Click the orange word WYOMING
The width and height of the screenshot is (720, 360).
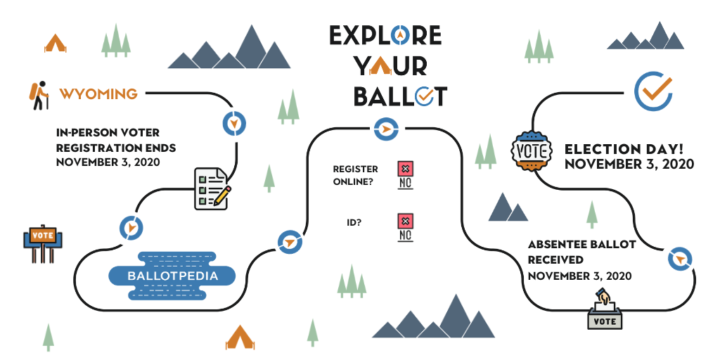pos(98,94)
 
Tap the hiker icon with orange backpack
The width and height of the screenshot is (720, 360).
pos(39,96)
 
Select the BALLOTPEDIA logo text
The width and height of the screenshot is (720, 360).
pos(172,276)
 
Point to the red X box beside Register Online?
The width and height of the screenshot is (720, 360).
pos(405,169)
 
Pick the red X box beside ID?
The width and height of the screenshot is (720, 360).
pos(405,221)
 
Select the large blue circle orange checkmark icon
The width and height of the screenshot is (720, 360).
pos(653,91)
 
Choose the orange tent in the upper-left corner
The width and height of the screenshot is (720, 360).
pos(55,43)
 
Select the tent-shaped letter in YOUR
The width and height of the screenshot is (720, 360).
pos(380,67)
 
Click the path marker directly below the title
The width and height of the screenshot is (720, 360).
pos(386,129)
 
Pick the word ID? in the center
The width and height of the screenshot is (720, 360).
pos(354,223)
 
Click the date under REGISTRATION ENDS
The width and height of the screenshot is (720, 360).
pos(108,162)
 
